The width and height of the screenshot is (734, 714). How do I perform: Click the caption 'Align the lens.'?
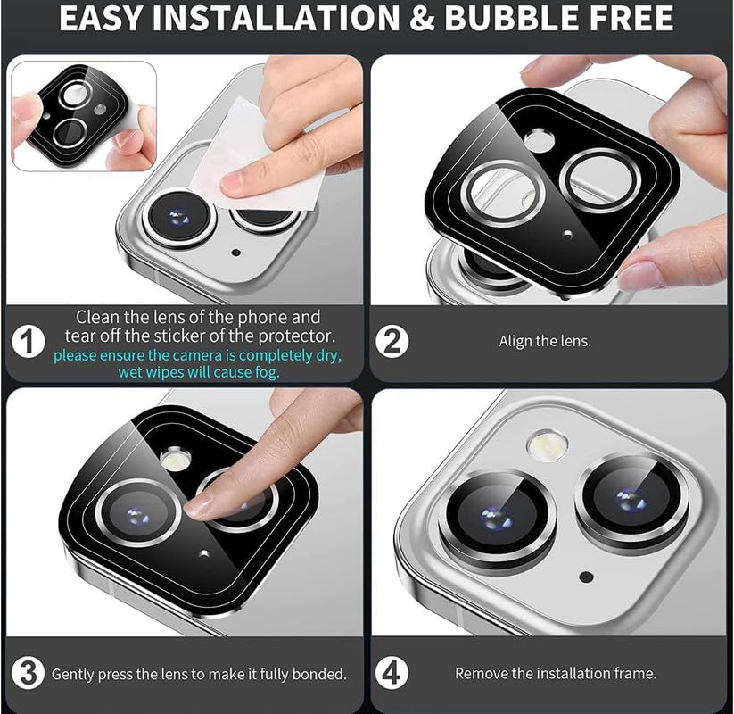[545, 342]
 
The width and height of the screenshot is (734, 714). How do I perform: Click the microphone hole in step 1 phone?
[235, 253]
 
